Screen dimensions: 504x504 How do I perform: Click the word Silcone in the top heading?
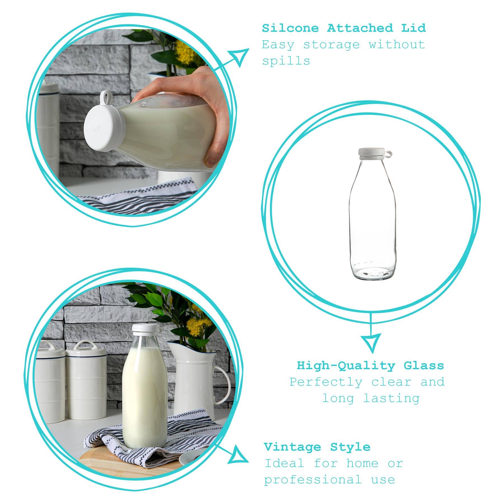290,28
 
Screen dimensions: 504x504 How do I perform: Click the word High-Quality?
346,366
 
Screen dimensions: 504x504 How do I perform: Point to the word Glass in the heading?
424,366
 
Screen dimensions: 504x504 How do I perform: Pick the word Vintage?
292,447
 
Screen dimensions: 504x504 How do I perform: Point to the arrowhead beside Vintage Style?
237,455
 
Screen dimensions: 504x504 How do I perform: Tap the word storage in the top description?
331,45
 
